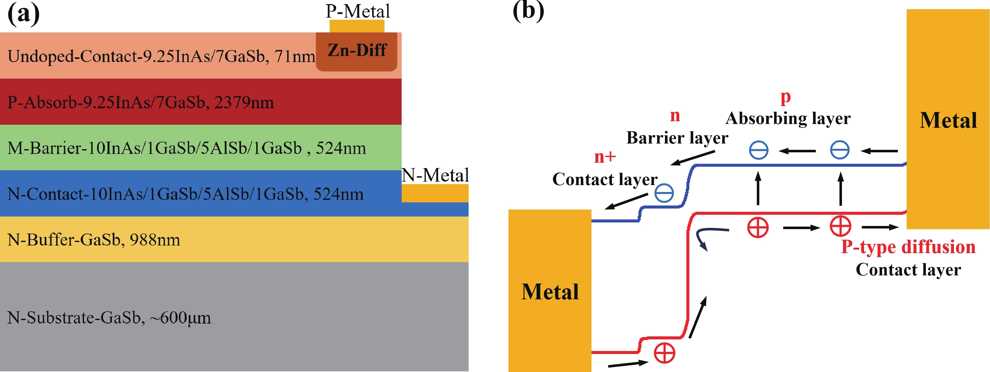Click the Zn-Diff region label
pos(357,50)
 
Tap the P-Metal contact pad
pos(357,26)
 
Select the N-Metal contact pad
pos(435,193)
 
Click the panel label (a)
pos(24,14)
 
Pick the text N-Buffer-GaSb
pos(63,240)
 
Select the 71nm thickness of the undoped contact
pos(295,57)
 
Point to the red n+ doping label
pos(605,157)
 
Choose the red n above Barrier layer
pos(675,116)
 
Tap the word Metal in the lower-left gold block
pos(550,292)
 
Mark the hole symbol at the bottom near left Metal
pos(664,353)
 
